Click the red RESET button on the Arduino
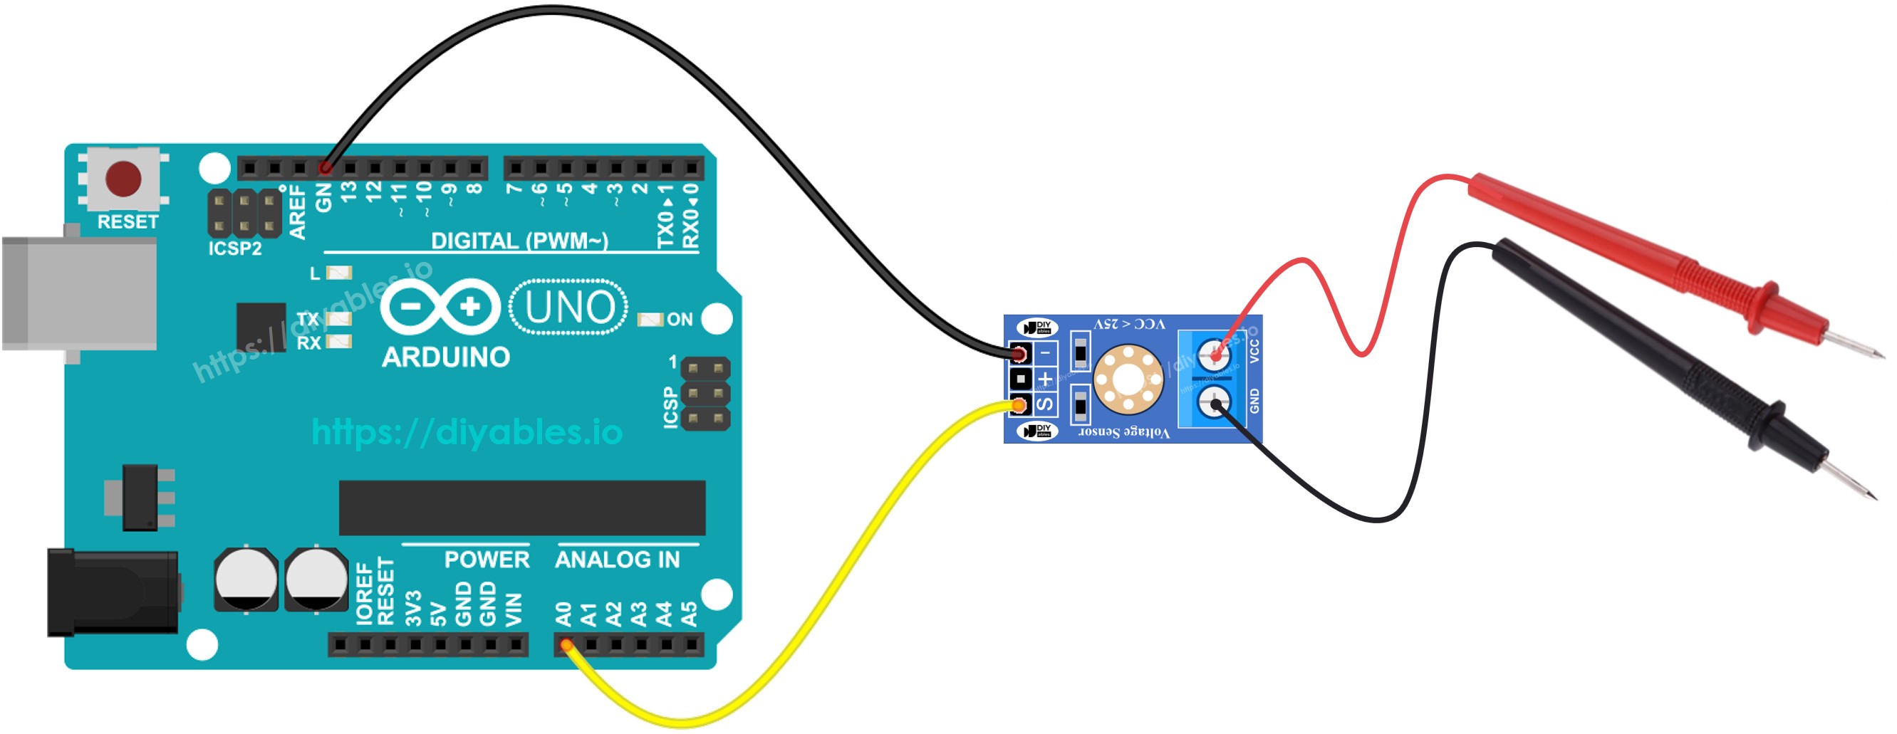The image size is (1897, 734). pos(123,179)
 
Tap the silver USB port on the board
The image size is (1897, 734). pos(80,293)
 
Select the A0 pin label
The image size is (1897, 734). pos(564,613)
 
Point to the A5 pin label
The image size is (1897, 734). pos(690,613)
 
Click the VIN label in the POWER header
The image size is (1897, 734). pos(514,609)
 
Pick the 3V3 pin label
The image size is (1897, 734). pos(414,608)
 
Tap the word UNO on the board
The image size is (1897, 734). pos(569,307)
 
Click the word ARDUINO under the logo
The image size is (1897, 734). pos(445,357)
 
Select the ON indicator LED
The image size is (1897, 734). pos(650,320)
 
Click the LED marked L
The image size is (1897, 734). pos(339,273)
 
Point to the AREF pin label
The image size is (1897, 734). pos(297,212)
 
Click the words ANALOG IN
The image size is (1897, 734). pos(617,560)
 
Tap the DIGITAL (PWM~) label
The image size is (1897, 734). pos(519,241)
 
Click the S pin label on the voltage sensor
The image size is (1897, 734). pos(1044,404)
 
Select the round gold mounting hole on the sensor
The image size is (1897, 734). pos(1128,379)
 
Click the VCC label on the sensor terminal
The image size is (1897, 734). pos(1254,350)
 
